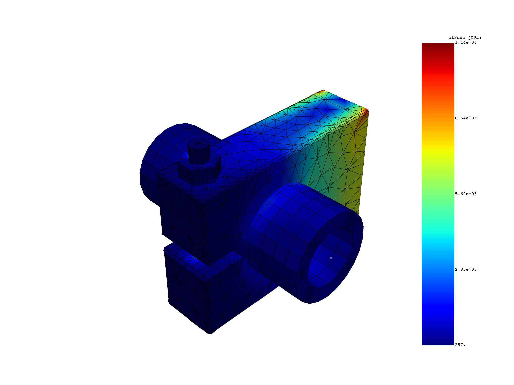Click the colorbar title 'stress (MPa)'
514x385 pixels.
465,38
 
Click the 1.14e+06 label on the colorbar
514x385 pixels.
466,42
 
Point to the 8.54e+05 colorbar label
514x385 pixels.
466,118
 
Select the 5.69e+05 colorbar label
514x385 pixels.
466,194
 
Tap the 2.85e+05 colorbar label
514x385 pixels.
466,269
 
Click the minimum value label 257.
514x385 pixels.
460,345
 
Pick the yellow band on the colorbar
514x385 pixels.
438,148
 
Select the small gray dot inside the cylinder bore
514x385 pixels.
331,258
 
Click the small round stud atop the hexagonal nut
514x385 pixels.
198,150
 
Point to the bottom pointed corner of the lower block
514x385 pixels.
210,333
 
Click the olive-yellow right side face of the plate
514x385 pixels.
346,163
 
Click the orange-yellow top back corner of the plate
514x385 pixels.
322,91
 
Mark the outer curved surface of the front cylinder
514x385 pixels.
289,221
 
